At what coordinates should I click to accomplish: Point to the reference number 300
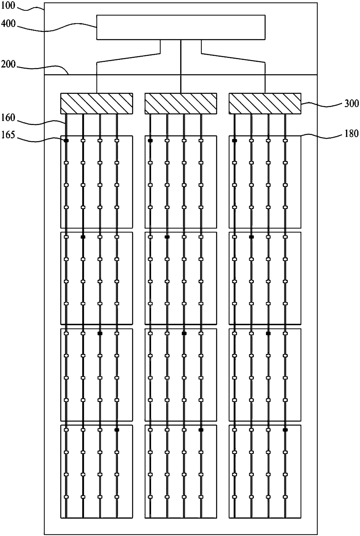(352, 104)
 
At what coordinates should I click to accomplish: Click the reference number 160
(8, 118)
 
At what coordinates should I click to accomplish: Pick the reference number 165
(8, 135)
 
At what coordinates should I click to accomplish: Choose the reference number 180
(352, 134)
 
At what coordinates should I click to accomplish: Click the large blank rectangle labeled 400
(181, 27)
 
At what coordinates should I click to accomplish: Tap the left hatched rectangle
(96, 103)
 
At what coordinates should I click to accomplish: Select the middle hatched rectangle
(181, 103)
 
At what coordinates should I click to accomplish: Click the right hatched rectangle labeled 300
(265, 103)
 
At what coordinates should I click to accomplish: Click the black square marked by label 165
(66, 141)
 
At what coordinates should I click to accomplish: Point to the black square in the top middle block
(150, 141)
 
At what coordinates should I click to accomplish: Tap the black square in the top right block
(234, 141)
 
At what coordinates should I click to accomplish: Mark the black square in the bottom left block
(117, 430)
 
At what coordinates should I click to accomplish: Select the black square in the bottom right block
(285, 430)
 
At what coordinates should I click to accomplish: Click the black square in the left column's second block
(83, 237)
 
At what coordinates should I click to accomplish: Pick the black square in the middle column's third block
(184, 333)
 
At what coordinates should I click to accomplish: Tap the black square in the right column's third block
(268, 333)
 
